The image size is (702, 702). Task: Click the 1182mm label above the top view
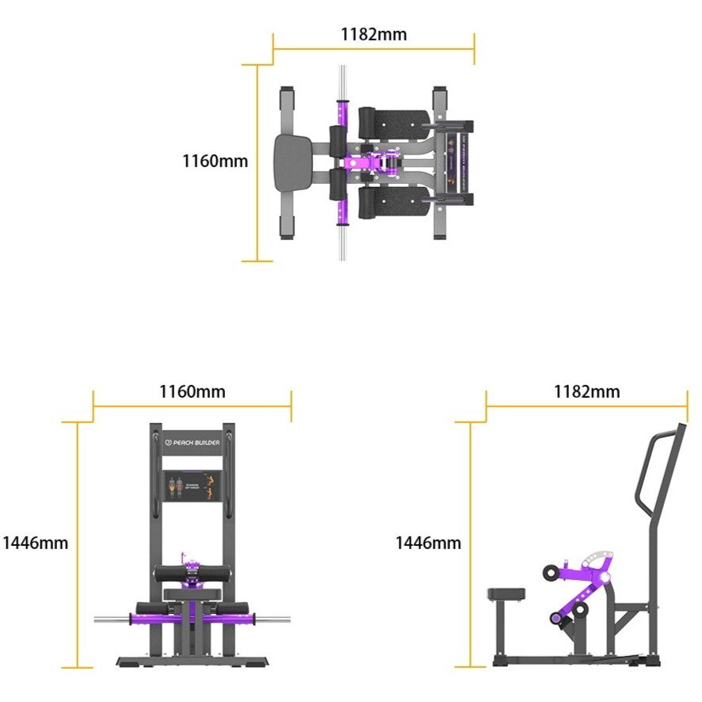click(x=373, y=34)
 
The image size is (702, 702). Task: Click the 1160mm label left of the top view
click(x=215, y=161)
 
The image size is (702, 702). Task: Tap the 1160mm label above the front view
click(x=192, y=391)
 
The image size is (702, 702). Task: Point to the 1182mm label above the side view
click(x=586, y=391)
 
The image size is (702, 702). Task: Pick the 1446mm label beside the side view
click(x=428, y=543)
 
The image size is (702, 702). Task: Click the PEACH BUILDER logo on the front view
click(x=193, y=443)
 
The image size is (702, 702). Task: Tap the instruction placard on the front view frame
click(x=192, y=486)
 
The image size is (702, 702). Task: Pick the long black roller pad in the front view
click(x=192, y=574)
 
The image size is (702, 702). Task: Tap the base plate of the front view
click(x=192, y=662)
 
